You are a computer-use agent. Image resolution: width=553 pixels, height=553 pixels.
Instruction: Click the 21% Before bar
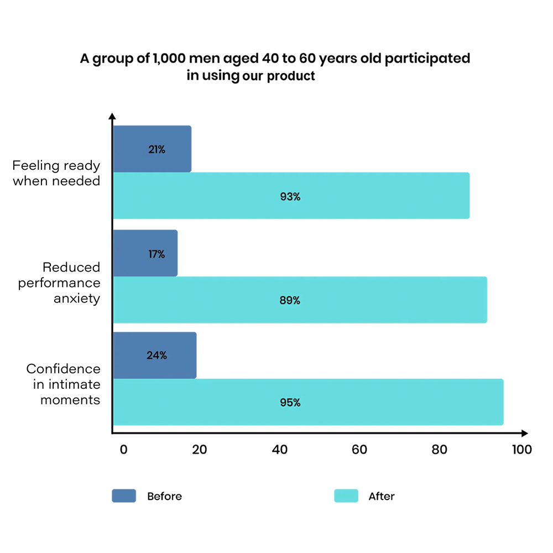[152, 149]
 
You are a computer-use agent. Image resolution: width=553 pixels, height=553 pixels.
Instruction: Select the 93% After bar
[291, 196]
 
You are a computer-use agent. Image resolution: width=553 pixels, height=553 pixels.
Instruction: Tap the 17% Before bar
[145, 253]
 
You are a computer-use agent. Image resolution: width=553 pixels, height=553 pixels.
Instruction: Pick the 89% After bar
[300, 300]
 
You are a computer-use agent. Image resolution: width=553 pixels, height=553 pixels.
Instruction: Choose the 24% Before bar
[154, 355]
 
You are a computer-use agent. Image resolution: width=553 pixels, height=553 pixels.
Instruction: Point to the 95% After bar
[308, 402]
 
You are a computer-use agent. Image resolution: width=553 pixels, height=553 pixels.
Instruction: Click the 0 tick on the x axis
[123, 450]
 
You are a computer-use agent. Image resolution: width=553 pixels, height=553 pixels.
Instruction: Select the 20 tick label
[199, 450]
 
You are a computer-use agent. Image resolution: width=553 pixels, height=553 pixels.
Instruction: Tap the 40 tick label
[280, 450]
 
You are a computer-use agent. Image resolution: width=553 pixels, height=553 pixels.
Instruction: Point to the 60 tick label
[359, 450]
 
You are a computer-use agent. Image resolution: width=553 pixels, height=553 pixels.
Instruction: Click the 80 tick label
[440, 450]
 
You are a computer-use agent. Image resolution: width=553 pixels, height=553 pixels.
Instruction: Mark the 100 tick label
[521, 450]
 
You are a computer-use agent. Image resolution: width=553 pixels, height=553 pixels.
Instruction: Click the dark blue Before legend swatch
[124, 496]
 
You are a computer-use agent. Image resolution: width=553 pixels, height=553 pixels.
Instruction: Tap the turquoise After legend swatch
[346, 496]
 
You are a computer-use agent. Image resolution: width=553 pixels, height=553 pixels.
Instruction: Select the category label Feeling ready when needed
[56, 173]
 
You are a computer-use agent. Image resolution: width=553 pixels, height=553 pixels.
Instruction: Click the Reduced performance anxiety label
[59, 283]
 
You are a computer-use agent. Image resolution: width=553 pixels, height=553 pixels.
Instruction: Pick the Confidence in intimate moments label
[63, 384]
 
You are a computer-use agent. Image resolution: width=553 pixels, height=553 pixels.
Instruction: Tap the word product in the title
[291, 76]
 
